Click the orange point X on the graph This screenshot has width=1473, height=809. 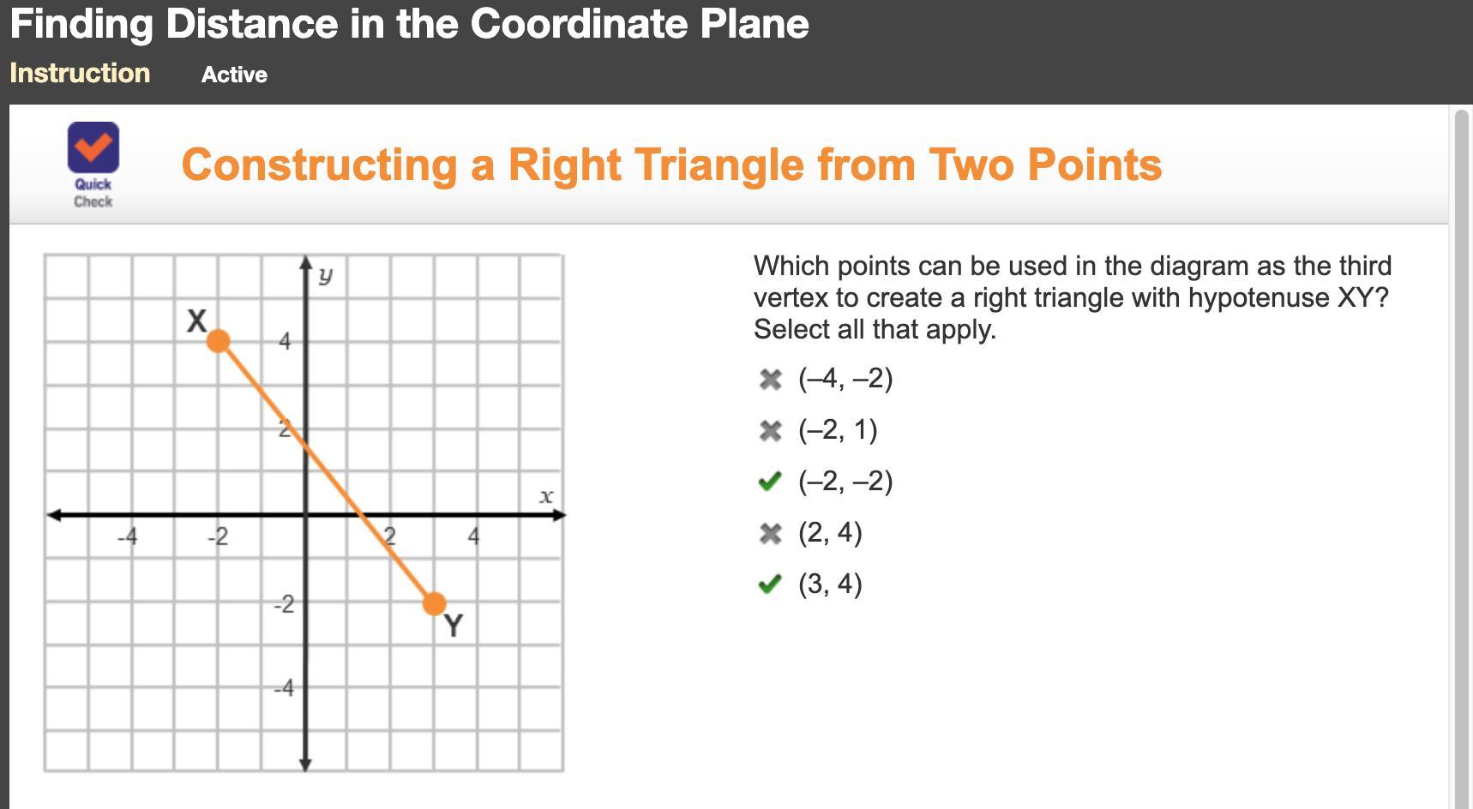(x=219, y=341)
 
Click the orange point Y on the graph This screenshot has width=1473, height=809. (x=435, y=604)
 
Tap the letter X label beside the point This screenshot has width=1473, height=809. (x=197, y=321)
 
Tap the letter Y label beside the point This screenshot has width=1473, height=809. (x=454, y=626)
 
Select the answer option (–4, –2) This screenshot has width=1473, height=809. (x=845, y=379)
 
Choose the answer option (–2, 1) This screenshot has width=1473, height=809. (x=838, y=430)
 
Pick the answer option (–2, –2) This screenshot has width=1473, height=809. (x=845, y=482)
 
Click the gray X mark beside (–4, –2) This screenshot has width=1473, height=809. (x=771, y=380)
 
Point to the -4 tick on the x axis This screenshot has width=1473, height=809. (x=127, y=537)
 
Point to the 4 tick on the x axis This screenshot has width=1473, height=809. (x=473, y=537)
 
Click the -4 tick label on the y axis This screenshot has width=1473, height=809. (x=284, y=688)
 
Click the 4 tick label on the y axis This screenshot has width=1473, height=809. (x=285, y=342)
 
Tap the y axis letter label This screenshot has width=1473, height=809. (x=325, y=276)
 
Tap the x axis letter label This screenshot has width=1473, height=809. (x=546, y=496)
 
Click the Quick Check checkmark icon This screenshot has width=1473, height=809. (x=93, y=147)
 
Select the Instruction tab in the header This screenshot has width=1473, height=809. (x=80, y=74)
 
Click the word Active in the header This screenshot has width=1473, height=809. (x=234, y=75)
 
